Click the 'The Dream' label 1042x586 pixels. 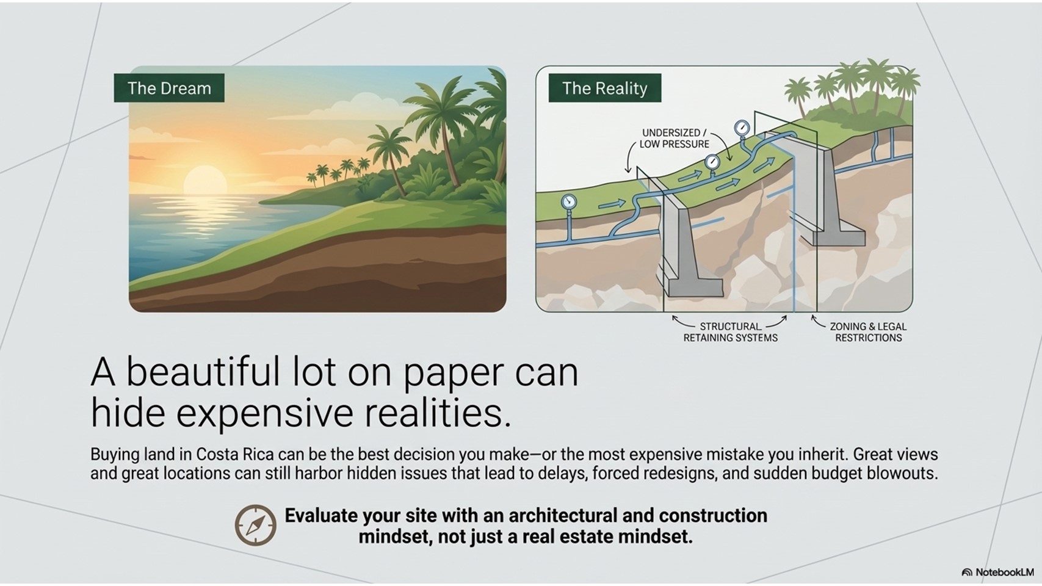pyautogui.click(x=169, y=89)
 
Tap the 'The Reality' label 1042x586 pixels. pyautogui.click(x=604, y=89)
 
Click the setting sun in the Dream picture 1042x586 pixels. pyautogui.click(x=205, y=181)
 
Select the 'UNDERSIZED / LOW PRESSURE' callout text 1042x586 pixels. pyautogui.click(x=674, y=139)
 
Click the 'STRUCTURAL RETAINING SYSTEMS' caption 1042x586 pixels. pyautogui.click(x=730, y=332)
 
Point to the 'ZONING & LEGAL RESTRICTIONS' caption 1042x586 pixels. pyautogui.click(x=868, y=332)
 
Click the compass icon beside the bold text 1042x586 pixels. pyautogui.click(x=255, y=525)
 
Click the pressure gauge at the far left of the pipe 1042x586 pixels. pyautogui.click(x=568, y=201)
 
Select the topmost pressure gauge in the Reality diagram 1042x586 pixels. pyautogui.click(x=742, y=128)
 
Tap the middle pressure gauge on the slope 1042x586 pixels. pyautogui.click(x=712, y=162)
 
